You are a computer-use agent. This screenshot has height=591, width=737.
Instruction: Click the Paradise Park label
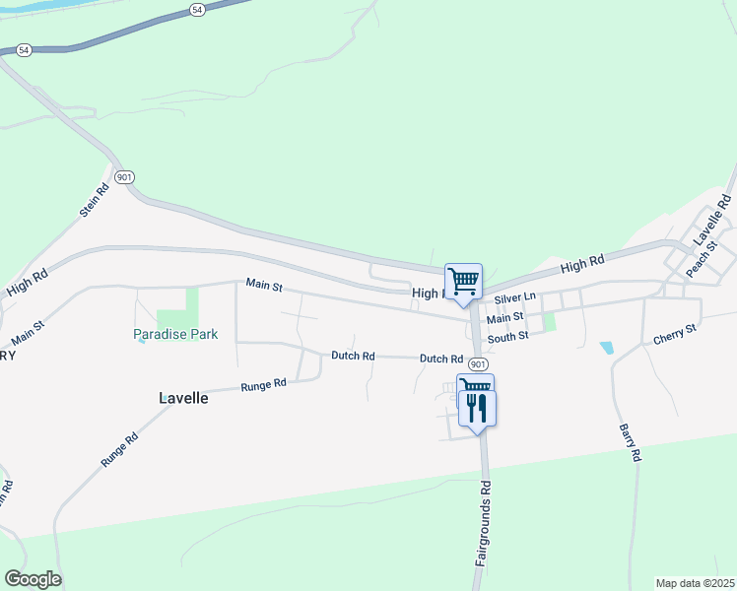[x=175, y=334]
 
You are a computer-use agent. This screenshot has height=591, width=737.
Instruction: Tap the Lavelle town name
[x=183, y=398]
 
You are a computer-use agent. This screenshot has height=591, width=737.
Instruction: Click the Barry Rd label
[x=631, y=442]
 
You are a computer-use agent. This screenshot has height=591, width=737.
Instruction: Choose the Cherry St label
[x=675, y=333]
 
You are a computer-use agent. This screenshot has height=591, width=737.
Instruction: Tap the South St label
[x=508, y=337]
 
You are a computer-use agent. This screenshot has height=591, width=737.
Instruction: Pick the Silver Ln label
[x=515, y=297]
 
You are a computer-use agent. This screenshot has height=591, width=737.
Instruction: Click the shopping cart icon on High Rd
[x=463, y=281]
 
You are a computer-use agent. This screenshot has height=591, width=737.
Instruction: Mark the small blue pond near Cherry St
[x=606, y=348]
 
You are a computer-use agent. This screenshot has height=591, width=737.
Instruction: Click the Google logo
[x=33, y=579]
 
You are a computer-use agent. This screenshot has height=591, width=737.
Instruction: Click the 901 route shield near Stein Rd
[x=123, y=176]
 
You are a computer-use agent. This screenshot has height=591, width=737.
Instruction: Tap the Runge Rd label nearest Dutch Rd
[x=263, y=384]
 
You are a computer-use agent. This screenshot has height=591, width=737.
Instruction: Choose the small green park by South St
[x=550, y=321]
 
